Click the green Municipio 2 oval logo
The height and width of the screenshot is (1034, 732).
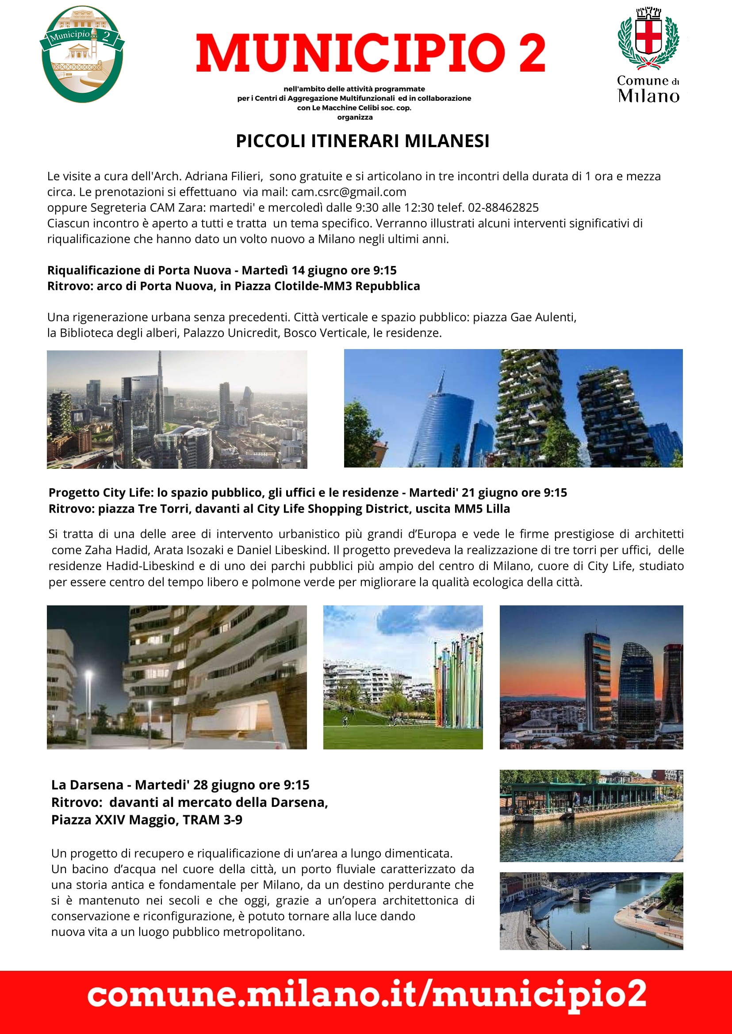(82, 54)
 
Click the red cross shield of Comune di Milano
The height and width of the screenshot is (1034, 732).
(648, 36)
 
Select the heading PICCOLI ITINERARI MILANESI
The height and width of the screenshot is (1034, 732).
(362, 141)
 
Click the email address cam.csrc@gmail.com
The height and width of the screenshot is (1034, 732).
(349, 192)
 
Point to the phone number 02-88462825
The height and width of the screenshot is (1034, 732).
(503, 208)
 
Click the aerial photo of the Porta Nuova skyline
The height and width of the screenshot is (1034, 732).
(176, 409)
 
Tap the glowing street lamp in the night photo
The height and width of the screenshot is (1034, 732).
(89, 675)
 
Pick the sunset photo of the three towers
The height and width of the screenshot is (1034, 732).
(591, 677)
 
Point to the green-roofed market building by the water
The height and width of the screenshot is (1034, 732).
(586, 795)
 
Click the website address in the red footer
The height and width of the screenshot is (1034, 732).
(366, 995)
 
